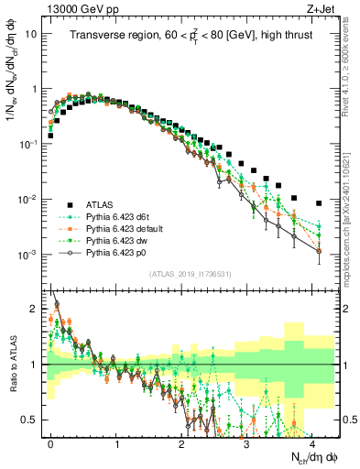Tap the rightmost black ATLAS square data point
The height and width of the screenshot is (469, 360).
(x=319, y=203)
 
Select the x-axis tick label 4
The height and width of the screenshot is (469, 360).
(x=311, y=442)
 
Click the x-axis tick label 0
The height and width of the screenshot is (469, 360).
(x=50, y=442)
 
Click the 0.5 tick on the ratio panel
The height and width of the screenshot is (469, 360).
(x=30, y=420)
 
